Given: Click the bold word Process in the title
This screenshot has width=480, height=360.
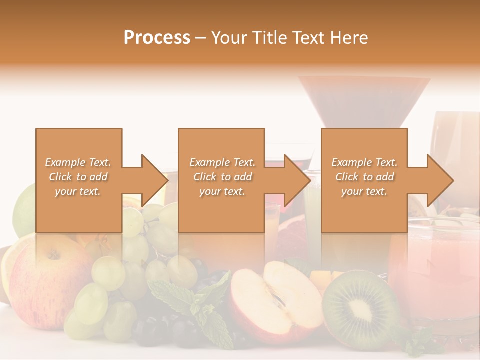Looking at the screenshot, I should [157, 38].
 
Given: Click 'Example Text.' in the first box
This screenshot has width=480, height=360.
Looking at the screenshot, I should [78, 162].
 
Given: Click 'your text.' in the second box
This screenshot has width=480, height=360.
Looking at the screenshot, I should [222, 191].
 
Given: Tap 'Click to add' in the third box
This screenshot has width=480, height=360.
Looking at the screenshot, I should [364, 177].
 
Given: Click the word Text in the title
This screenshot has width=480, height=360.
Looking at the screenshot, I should [309, 38].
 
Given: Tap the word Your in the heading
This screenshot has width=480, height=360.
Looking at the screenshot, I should [228, 38].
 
